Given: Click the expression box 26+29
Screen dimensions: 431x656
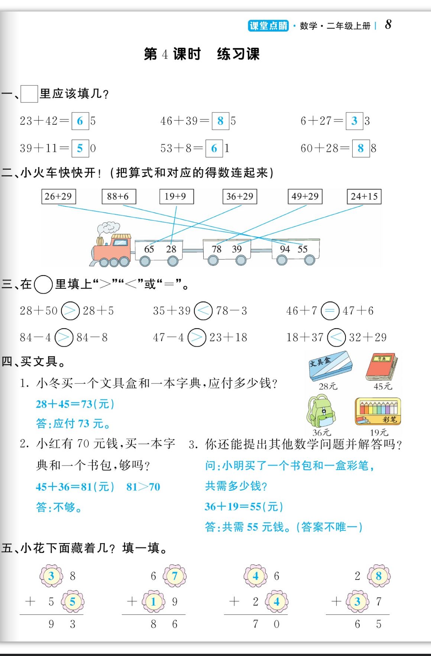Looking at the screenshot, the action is point(58,196).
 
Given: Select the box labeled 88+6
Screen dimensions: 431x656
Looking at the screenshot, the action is point(119,196).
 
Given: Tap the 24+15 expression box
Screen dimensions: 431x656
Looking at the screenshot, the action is point(364,196).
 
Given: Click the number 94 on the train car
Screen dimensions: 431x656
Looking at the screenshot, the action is point(285,249).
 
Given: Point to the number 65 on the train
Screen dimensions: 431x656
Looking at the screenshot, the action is point(149,249).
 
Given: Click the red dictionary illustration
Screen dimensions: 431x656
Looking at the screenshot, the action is point(382,366).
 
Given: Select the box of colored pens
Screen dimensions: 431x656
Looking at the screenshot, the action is point(378,411).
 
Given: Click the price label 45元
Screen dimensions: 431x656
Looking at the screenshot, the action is point(383,386).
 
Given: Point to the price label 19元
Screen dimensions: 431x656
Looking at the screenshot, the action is point(379,433).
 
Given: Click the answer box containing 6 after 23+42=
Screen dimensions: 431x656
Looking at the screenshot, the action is point(80,121).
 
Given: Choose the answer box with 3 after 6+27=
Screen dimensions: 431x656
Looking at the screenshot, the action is point(354,121).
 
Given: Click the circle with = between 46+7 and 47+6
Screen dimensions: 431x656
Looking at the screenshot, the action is point(330,311).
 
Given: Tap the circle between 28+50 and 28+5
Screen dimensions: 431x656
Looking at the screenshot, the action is point(70,311).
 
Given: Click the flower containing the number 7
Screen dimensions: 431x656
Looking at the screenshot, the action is point(175,576).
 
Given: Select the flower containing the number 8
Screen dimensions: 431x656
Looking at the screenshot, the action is point(379,576).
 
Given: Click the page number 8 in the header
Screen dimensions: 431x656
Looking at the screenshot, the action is point(388,25).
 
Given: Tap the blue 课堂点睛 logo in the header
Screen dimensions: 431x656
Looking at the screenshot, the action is point(268,26).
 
